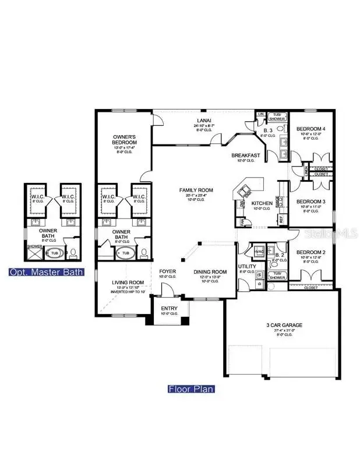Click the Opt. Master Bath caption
click(46, 272)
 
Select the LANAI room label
click(203, 121)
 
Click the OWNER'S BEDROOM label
click(125, 139)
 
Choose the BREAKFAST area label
click(245, 156)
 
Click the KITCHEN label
click(262, 203)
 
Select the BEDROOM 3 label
click(310, 202)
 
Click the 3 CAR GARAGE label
click(280, 325)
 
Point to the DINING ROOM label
click(210, 272)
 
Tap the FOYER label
click(168, 271)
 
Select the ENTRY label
click(170, 309)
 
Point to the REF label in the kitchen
click(281, 220)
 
